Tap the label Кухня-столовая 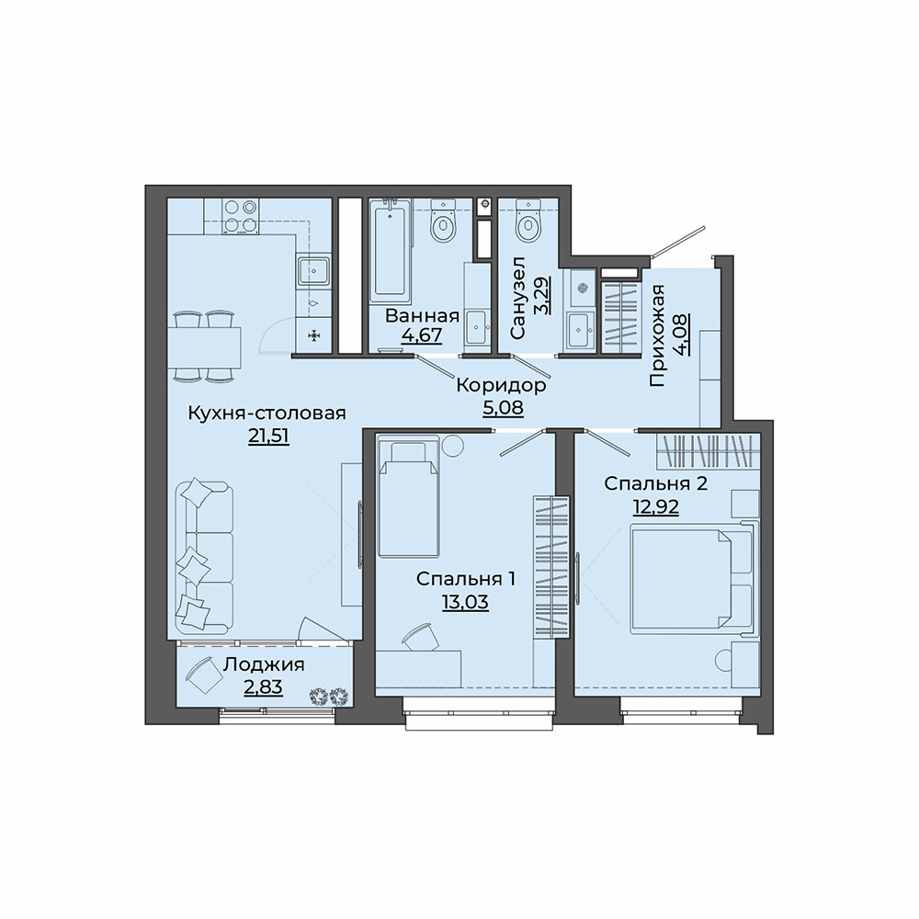click(267, 413)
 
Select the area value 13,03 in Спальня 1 click(465, 602)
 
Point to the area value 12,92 click(656, 507)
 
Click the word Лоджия click(265, 664)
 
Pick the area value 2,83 click(263, 686)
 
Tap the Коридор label click(501, 386)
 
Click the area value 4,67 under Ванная click(422, 335)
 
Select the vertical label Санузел click(518, 298)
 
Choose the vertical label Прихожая click(658, 335)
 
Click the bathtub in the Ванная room click(391, 248)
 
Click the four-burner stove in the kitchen click(242, 216)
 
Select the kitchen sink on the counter click(315, 272)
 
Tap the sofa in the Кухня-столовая click(203, 556)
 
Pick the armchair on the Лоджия click(205, 675)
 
